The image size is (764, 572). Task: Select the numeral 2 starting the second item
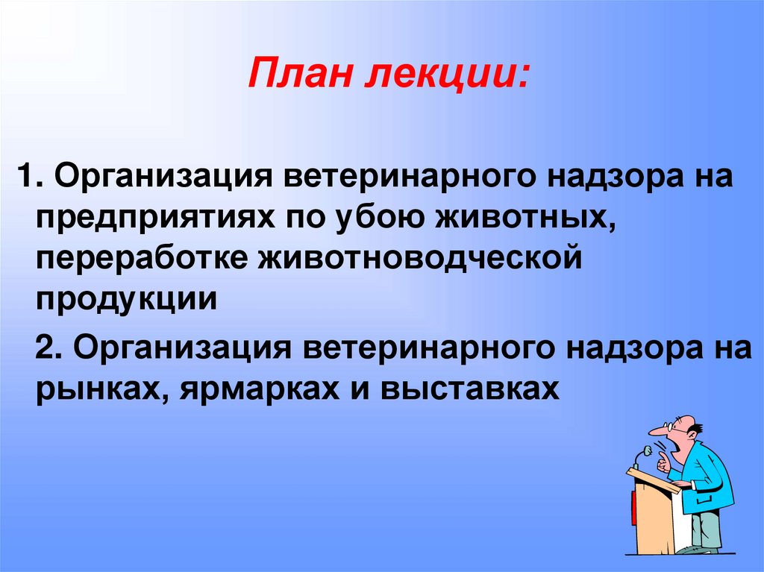pos(45,350)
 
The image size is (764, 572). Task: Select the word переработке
pos(141,259)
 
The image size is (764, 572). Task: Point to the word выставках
pos(471,389)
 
